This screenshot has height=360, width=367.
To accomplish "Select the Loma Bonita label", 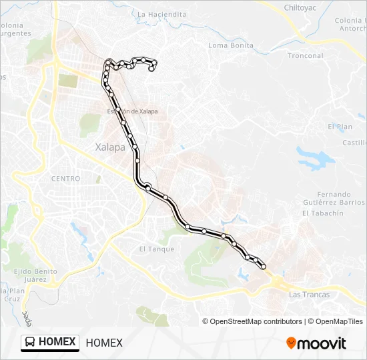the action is (231, 45).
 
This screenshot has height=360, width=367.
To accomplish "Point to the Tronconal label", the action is (306, 56).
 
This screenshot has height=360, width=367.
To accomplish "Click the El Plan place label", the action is (340, 127).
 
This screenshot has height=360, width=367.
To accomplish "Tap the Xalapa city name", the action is (110, 148).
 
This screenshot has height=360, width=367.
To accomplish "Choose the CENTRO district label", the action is (65, 179).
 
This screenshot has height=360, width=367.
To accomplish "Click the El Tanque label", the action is (156, 249).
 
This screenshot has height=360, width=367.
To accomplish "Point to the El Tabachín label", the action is (322, 213).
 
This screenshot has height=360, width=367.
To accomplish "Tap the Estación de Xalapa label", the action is (132, 111).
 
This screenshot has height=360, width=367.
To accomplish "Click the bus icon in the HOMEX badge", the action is (30, 342).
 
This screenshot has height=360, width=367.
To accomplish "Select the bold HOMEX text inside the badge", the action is (57, 342).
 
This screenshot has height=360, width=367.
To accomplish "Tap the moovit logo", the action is (316, 343).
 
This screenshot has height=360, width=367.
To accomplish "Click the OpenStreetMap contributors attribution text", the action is (252, 321).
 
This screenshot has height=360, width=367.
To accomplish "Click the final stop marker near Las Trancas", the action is (263, 267).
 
